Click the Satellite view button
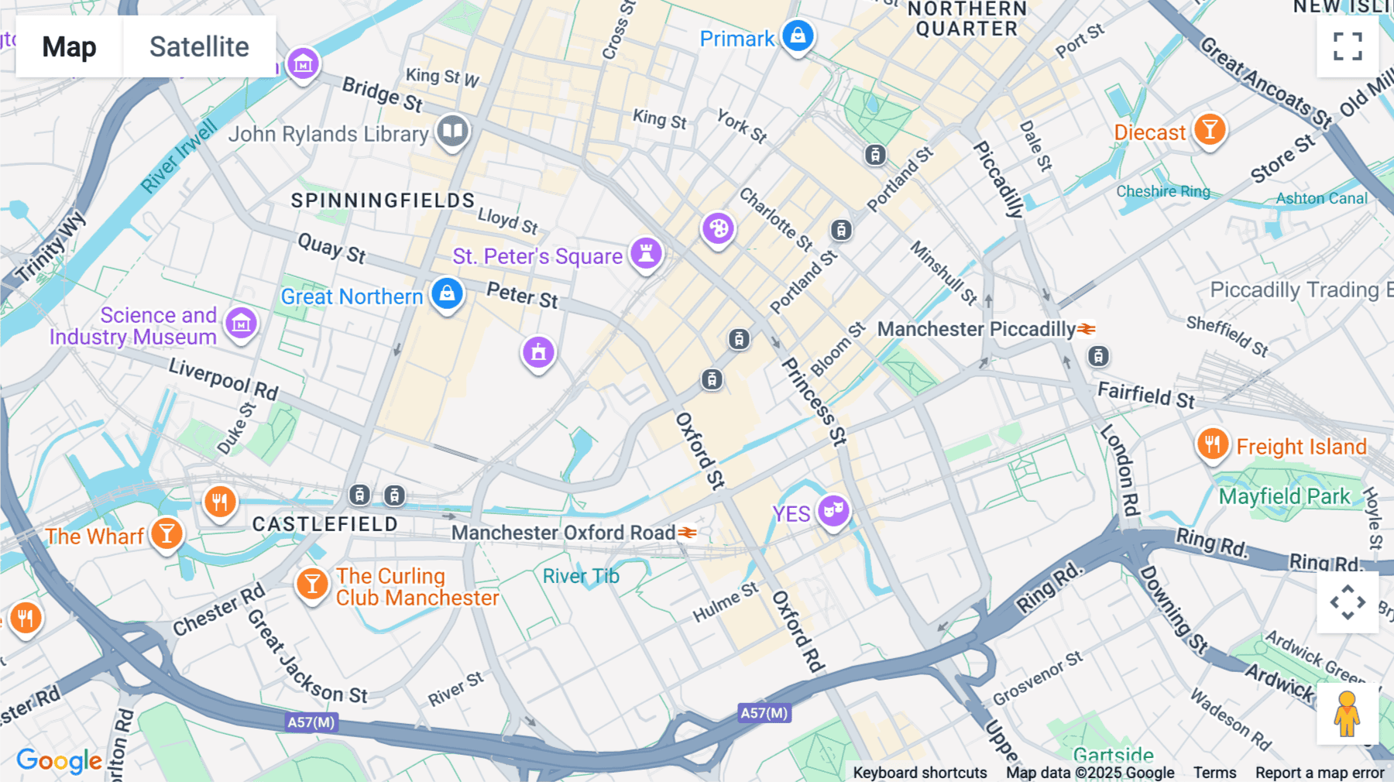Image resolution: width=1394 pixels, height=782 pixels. (199, 46)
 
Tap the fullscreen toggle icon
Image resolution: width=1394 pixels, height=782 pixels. (1348, 46)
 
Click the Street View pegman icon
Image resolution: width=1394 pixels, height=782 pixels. (1348, 713)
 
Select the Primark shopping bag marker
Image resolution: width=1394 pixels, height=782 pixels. (798, 36)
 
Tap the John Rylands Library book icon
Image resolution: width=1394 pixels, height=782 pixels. (452, 130)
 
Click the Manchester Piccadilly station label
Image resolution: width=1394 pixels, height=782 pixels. (976, 329)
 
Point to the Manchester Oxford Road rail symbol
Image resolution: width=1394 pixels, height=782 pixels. (688, 533)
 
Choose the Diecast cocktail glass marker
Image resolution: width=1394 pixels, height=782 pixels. (1209, 129)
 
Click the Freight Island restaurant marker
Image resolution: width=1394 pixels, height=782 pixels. (1213, 444)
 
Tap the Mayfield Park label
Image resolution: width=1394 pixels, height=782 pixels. (1284, 496)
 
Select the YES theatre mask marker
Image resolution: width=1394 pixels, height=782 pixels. (833, 510)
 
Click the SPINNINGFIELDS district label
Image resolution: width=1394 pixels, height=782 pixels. (383, 201)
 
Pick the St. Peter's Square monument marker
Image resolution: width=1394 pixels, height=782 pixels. (646, 252)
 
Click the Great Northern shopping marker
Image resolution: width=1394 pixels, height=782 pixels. (447, 293)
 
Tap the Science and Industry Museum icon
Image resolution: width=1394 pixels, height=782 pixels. (241, 322)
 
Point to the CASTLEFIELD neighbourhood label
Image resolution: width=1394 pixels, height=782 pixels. (325, 524)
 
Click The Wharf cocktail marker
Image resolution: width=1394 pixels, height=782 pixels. (167, 533)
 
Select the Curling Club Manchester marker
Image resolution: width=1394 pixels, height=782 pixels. (312, 584)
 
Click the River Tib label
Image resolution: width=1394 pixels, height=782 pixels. (581, 576)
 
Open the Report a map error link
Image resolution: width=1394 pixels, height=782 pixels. (1320, 773)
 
